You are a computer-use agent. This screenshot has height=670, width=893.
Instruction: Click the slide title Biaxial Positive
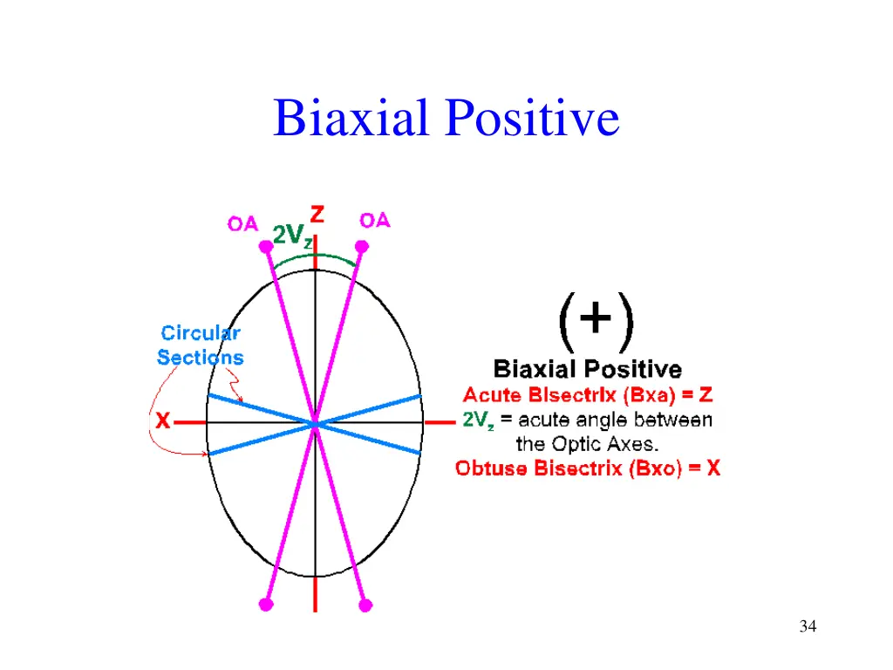coord(446,119)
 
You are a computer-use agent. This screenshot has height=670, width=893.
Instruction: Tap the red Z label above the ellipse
coord(317,214)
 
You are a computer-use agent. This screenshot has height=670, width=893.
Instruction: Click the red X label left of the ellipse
coord(162,421)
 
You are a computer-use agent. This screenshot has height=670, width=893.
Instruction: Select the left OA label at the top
coord(242,223)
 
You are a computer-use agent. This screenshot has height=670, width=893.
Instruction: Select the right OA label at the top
coord(375,221)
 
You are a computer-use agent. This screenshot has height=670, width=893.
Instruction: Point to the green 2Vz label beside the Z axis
coord(291,236)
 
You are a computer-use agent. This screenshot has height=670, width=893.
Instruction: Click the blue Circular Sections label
coord(201,345)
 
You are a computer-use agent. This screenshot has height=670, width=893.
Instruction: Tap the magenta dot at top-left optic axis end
coord(266,247)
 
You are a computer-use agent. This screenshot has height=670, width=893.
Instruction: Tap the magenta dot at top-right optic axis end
coord(361,247)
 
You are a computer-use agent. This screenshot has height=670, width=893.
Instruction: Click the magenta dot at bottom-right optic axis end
coord(365,604)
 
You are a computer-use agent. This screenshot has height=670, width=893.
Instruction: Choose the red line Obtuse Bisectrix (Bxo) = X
coord(588,468)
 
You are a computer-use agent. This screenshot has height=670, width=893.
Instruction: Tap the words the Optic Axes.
coord(587,444)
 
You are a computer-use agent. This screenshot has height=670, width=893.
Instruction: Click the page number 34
coord(807,626)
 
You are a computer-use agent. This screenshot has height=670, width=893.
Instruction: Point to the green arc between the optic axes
coord(314,256)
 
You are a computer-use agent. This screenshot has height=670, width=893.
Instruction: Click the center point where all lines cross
coord(315,425)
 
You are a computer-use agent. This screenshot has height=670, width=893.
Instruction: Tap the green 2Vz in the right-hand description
coord(479,420)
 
